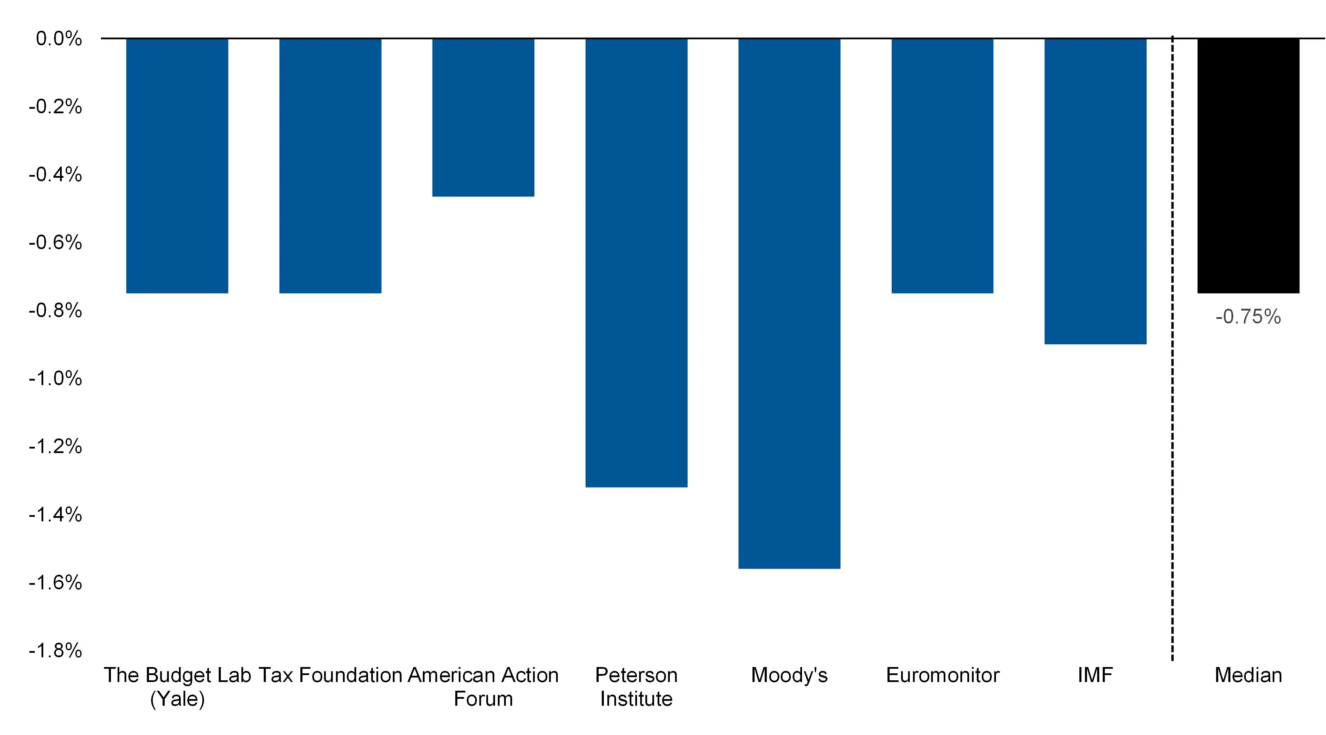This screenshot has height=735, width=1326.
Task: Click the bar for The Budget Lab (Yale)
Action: pyautogui.click(x=177, y=166)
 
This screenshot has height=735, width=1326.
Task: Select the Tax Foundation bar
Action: pyautogui.click(x=330, y=166)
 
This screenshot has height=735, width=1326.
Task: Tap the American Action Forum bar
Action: pyautogui.click(x=483, y=117)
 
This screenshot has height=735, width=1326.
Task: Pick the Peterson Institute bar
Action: pyautogui.click(x=636, y=262)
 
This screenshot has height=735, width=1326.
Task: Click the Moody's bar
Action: pyautogui.click(x=789, y=304)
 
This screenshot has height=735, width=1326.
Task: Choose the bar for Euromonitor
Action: pyautogui.click(x=942, y=166)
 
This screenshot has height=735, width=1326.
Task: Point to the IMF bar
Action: pyautogui.click(x=1095, y=191)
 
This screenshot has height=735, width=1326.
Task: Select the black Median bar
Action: pyautogui.click(x=1248, y=166)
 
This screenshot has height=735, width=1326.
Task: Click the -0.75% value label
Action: pyautogui.click(x=1248, y=317)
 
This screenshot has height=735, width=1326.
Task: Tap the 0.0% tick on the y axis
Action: pyautogui.click(x=59, y=39)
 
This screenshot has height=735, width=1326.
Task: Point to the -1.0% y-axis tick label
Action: pyautogui.click(x=55, y=378)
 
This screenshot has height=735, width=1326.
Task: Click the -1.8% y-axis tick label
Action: pyautogui.click(x=55, y=651)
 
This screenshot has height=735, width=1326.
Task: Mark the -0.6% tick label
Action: pyautogui.click(x=55, y=242)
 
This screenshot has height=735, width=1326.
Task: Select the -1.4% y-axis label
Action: pyautogui.click(x=55, y=514)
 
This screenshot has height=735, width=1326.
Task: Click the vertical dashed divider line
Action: pyautogui.click(x=1173, y=350)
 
